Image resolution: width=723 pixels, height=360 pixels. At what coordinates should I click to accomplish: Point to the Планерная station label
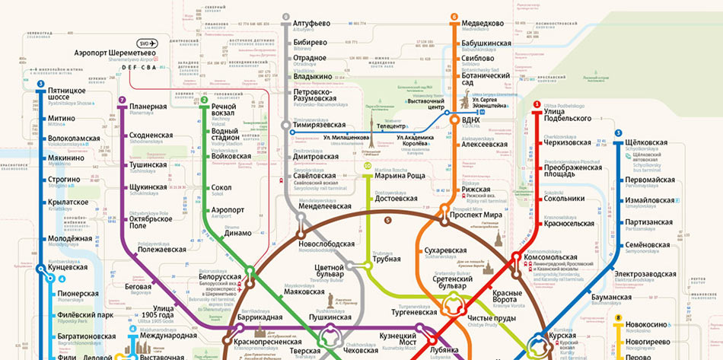coord(148,107)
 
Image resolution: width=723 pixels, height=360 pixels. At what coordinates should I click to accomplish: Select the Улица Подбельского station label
coord(567,115)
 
